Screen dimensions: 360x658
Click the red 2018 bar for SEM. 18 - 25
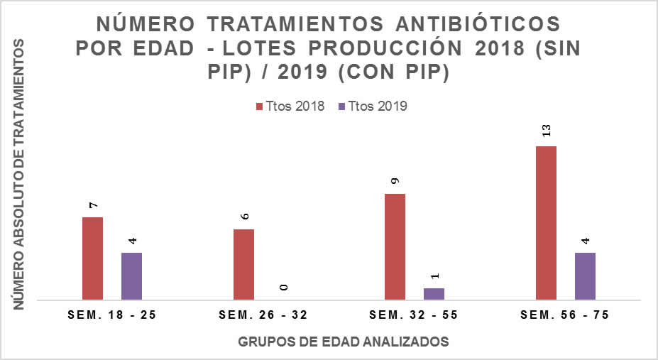(93, 258)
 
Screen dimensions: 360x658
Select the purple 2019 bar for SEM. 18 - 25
(131, 276)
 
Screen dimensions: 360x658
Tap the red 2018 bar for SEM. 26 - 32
(243, 264)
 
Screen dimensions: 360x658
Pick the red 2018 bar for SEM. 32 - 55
(395, 246)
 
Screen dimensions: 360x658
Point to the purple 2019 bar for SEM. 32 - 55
(434, 294)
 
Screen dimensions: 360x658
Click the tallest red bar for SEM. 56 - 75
(546, 223)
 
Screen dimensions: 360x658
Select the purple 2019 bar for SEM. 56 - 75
(585, 276)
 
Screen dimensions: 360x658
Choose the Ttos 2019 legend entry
(377, 107)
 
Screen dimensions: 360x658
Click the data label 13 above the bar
(547, 131)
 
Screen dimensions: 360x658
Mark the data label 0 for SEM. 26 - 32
(283, 287)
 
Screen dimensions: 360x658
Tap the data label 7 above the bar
(93, 204)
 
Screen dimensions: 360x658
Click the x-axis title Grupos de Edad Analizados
(344, 342)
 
